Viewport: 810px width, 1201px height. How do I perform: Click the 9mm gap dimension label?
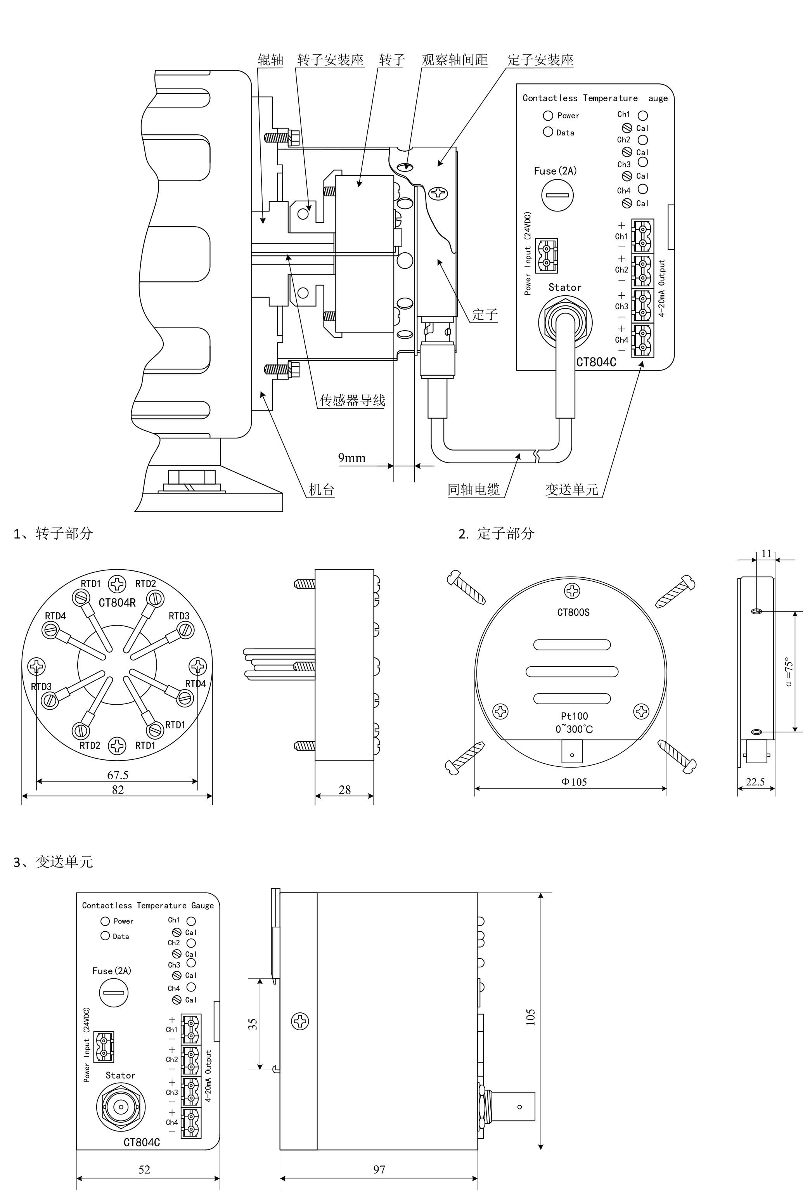pyautogui.click(x=352, y=458)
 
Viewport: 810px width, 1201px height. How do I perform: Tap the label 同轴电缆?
pyautogui.click(x=474, y=489)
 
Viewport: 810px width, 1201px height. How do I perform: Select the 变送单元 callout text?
pyautogui.click(x=572, y=489)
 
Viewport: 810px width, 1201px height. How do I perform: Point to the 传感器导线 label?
pyautogui.click(x=352, y=400)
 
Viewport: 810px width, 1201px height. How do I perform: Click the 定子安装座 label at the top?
pyautogui.click(x=540, y=60)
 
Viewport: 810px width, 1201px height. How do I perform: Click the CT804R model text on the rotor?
pyautogui.click(x=117, y=603)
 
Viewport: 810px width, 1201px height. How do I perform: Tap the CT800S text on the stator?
pyautogui.click(x=573, y=612)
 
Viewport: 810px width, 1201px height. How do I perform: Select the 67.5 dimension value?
pyautogui.click(x=118, y=775)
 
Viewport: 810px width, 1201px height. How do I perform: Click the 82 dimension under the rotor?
pyautogui.click(x=118, y=789)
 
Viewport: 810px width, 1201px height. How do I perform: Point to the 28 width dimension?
pyautogui.click(x=344, y=790)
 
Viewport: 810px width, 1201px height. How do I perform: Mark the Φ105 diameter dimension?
pyautogui.click(x=574, y=782)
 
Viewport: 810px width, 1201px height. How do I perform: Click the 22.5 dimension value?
pyautogui.click(x=755, y=782)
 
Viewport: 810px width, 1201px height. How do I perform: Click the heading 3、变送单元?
pyautogui.click(x=53, y=861)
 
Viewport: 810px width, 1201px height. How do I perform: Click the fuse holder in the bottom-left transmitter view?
pyautogui.click(x=113, y=992)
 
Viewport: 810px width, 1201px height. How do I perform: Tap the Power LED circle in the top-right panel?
pyautogui.click(x=548, y=115)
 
